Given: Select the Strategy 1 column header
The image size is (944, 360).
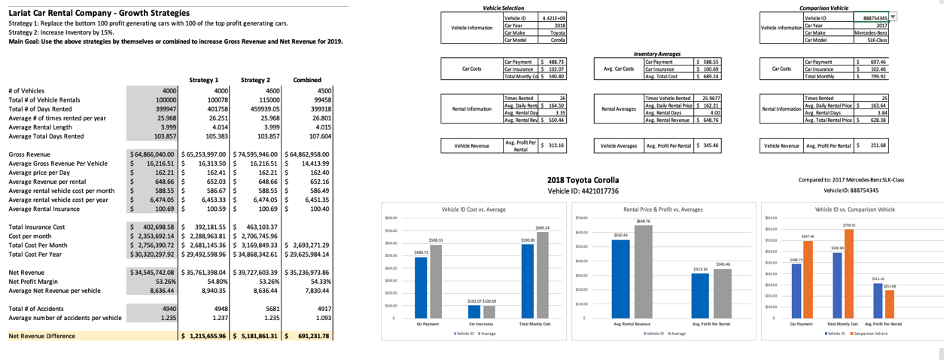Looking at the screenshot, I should coord(204,79).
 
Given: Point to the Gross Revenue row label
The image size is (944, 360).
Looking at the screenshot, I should coord(29,153).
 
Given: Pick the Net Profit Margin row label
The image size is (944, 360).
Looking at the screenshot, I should coord(38,282).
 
